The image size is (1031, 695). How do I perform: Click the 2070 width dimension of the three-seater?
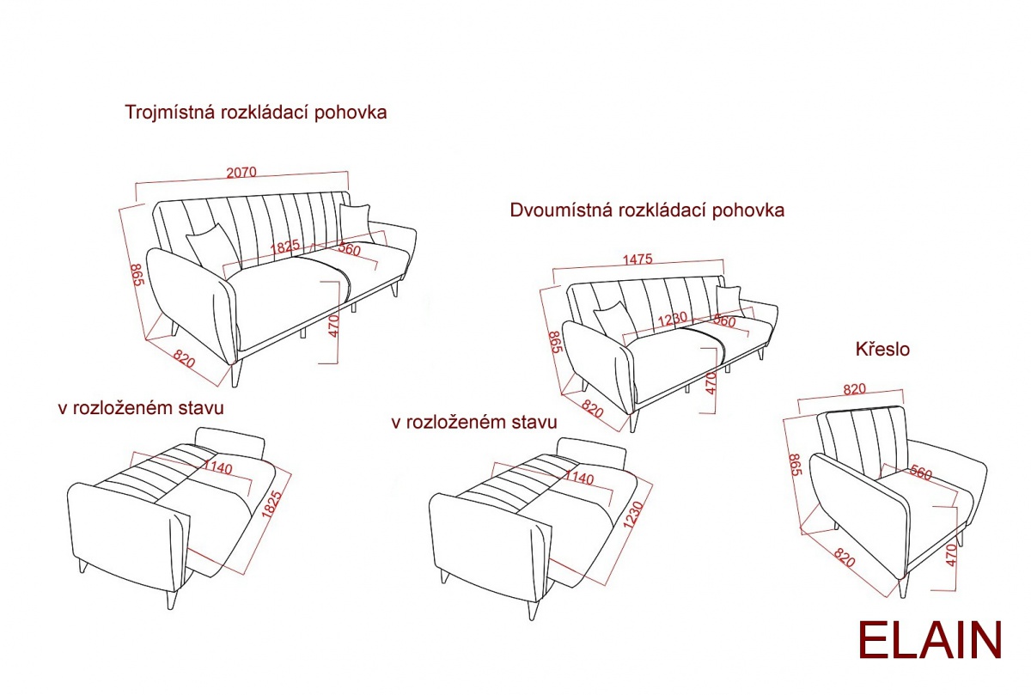pyautogui.click(x=241, y=172)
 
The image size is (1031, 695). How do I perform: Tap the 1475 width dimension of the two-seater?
pyautogui.click(x=638, y=259)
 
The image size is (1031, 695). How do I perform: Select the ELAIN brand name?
pyautogui.click(x=930, y=641)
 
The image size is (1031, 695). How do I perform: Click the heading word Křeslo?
pyautogui.click(x=882, y=350)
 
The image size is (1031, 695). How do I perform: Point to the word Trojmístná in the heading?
pyautogui.click(x=168, y=113)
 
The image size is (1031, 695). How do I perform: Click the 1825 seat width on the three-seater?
pyautogui.click(x=285, y=246)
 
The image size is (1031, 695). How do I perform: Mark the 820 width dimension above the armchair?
pyautogui.click(x=854, y=389)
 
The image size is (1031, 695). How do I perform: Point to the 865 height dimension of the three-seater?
pyautogui.click(x=136, y=275)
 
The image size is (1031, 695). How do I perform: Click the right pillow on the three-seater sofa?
pyautogui.click(x=354, y=221)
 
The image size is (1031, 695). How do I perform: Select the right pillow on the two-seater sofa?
pyautogui.click(x=729, y=300)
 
